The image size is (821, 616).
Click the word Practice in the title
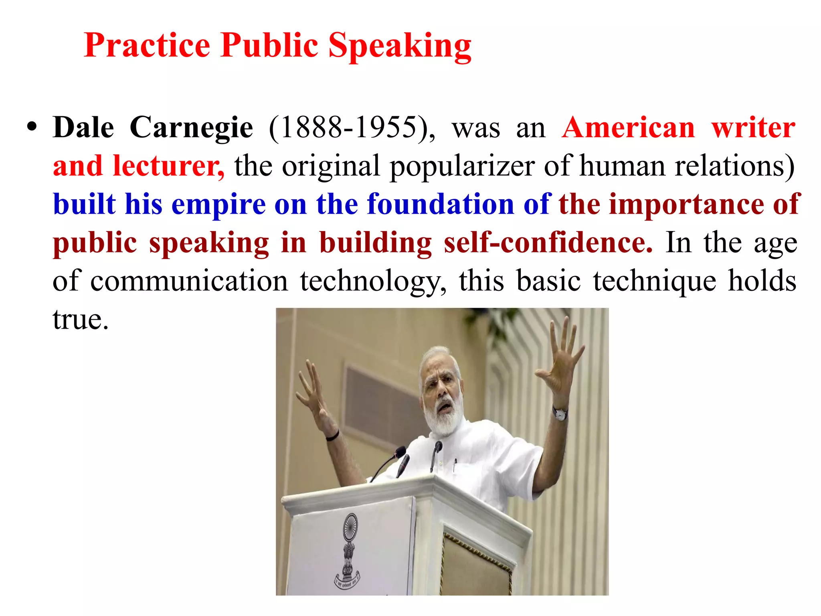pyautogui.click(x=147, y=45)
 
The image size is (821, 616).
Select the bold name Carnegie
pyautogui.click(x=191, y=128)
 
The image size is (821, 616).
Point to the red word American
pyautogui.click(x=628, y=128)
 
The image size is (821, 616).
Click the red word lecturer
pyautogui.click(x=168, y=166)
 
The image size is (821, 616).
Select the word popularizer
pyautogui.click(x=462, y=166)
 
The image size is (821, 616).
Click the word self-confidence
pyautogui.click(x=548, y=243)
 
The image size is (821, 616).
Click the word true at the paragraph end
pyautogui.click(x=80, y=320)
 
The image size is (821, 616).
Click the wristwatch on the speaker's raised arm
pyautogui.click(x=560, y=413)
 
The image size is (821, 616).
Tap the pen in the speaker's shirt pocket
pyautogui.click(x=455, y=465)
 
